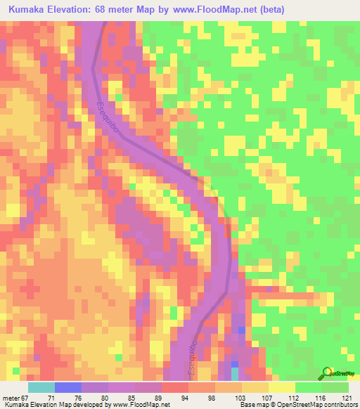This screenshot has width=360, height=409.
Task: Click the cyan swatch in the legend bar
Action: [x=41, y=387]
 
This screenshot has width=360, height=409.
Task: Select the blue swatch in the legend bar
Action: [x=68, y=387]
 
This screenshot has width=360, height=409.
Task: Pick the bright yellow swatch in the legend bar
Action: [x=282, y=387]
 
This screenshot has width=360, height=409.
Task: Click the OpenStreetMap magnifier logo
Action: [x=326, y=372]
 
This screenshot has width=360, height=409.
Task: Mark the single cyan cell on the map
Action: [x=235, y=372]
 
